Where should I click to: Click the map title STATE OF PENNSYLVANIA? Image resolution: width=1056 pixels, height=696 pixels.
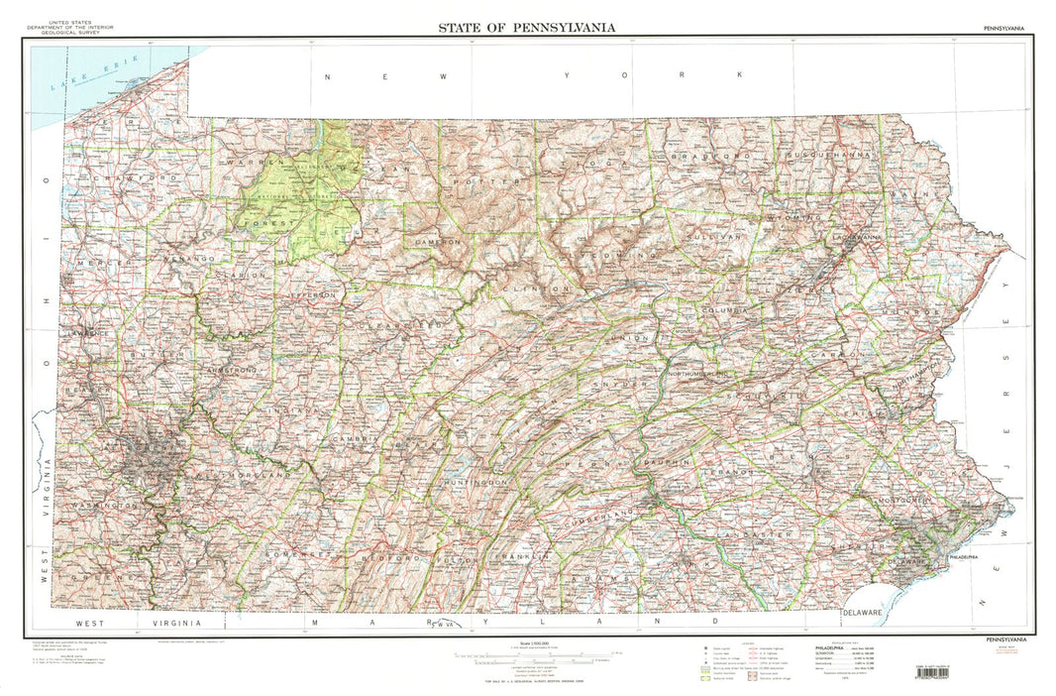click(x=527, y=27)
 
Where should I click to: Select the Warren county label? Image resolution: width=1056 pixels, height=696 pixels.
click(x=242, y=162)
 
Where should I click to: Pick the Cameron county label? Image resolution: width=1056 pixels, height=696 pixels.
click(x=439, y=242)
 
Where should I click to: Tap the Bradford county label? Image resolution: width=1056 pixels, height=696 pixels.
click(x=710, y=157)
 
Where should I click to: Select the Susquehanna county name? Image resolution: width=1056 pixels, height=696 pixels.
click(x=832, y=156)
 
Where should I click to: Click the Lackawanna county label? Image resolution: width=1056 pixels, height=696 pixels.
click(x=856, y=239)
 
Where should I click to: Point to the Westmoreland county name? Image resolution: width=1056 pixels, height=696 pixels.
click(x=244, y=476)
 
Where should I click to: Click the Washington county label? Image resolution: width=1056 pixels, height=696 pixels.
click(x=105, y=506)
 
